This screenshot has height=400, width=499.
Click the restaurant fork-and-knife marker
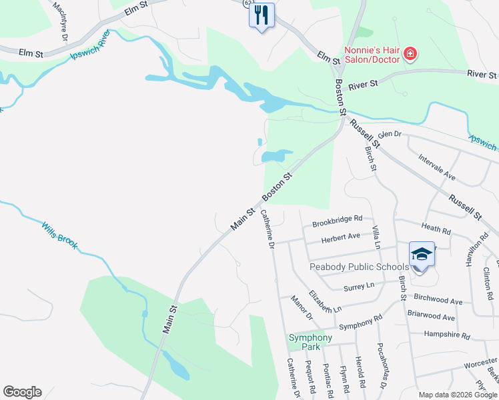pyautogui.click(x=262, y=14)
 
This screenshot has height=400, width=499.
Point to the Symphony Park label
pyautogui.click(x=310, y=342)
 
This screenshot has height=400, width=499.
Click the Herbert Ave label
pyautogui.click(x=340, y=237)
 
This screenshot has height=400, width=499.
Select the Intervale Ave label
pyautogui.click(x=436, y=168)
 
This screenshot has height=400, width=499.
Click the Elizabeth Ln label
pyautogui.click(x=326, y=302)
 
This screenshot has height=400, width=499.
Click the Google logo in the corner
pyautogui.click(x=22, y=392)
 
